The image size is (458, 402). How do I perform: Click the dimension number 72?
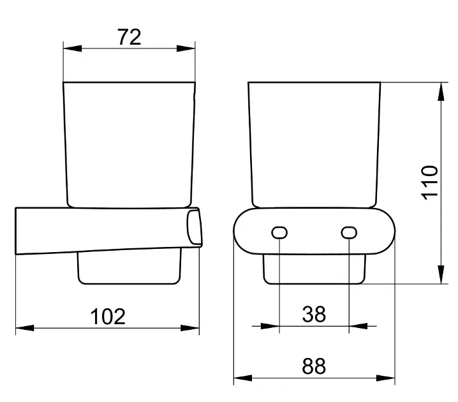click(x=129, y=37)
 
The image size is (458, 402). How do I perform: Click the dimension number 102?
click(x=108, y=316)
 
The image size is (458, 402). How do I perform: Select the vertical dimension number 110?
click(x=430, y=183)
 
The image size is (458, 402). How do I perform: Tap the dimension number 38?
click(x=314, y=314)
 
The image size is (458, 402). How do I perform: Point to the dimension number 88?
click(x=314, y=366)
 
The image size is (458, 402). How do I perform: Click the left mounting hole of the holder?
click(x=279, y=233)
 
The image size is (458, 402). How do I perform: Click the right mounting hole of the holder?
click(x=349, y=233)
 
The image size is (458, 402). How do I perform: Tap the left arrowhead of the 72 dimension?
click(x=73, y=48)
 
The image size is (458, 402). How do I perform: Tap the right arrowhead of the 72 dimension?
click(x=186, y=48)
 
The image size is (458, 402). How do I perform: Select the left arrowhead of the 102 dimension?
click(x=24, y=328)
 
